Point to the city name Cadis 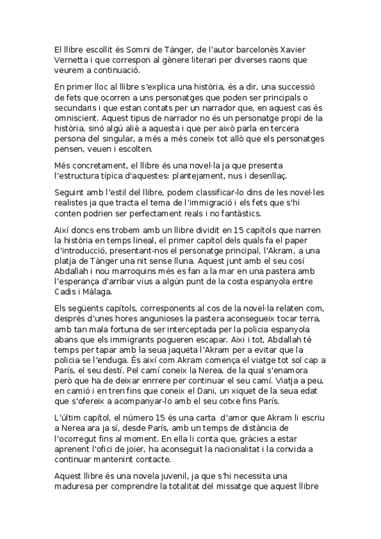click(x=66, y=290)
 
